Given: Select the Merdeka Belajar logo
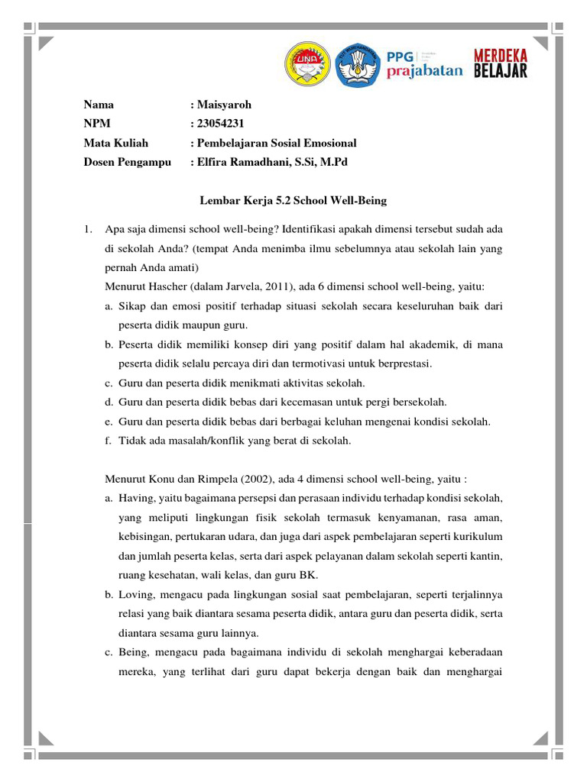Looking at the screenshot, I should [500, 65].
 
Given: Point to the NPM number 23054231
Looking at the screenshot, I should [222, 124].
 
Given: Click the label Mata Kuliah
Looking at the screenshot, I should [116, 143].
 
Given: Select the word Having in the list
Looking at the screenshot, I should [135, 498].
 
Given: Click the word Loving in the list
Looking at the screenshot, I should [135, 594].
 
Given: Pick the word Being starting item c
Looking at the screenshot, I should [133, 651].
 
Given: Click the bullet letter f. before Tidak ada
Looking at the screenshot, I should [109, 440].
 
